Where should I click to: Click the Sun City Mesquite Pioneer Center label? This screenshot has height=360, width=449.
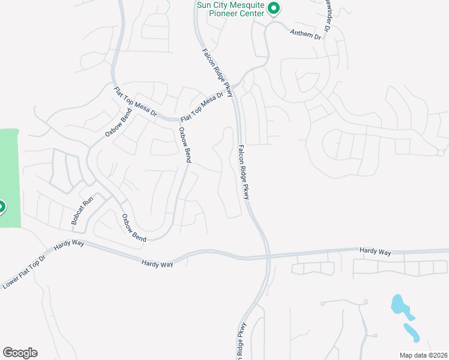[231, 9]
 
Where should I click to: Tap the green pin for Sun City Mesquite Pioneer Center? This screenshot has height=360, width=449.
[274, 8]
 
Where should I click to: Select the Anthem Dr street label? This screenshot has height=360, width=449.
[306, 35]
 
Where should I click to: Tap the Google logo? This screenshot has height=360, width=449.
[20, 352]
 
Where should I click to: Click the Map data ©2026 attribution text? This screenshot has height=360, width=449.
[423, 355]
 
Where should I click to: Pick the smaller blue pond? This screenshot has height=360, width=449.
[411, 332]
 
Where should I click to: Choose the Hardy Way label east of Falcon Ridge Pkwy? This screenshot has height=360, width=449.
[375, 252]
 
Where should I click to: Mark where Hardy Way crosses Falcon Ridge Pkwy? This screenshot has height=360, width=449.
[268, 257]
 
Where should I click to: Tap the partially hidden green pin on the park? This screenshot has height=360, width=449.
[1, 208]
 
